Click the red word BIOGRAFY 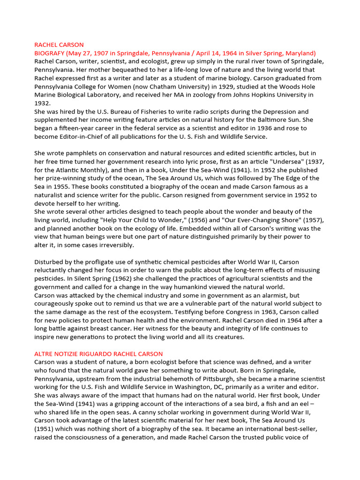click(x=51, y=53)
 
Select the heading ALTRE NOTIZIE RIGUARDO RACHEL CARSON click(x=98, y=353)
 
